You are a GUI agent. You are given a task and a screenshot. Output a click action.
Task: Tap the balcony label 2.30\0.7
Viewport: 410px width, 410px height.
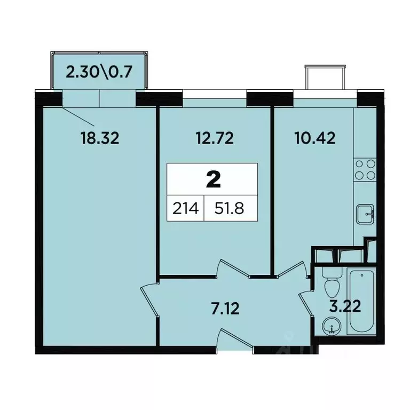[x=98, y=72]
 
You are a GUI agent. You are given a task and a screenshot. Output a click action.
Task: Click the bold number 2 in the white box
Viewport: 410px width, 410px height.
[x=213, y=180]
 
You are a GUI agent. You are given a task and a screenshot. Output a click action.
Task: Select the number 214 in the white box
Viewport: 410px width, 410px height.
[x=185, y=208]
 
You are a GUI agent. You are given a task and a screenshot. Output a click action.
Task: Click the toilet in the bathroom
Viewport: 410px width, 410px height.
[x=331, y=286]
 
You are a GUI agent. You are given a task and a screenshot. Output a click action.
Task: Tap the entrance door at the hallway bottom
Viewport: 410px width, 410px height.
[x=235, y=341]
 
